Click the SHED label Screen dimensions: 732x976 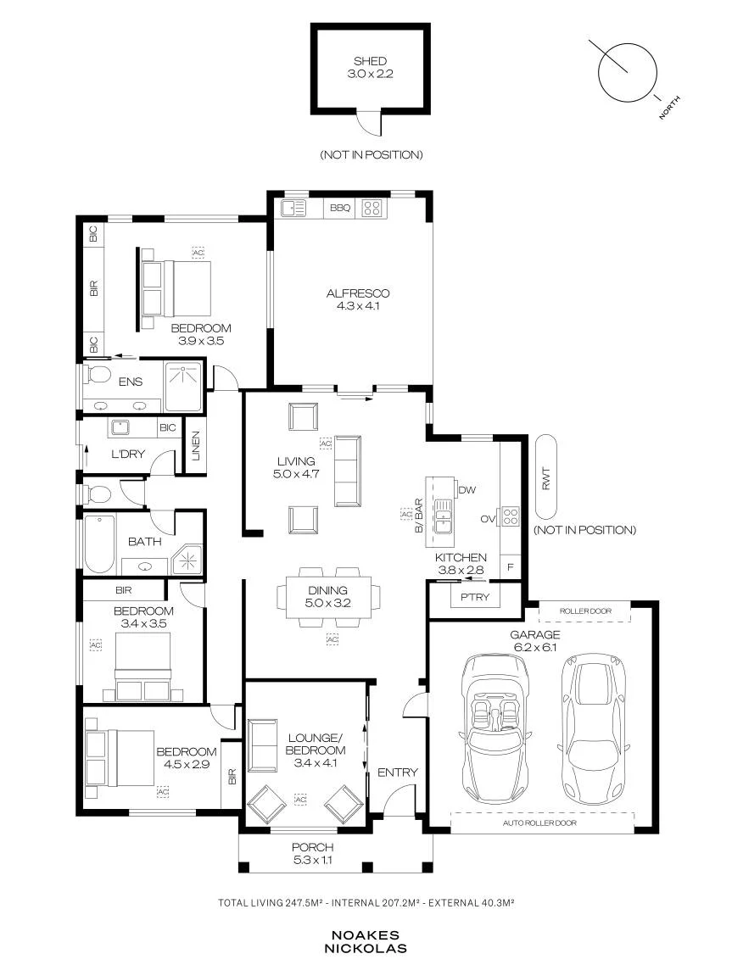pos(371,61)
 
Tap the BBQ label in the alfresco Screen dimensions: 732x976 pos(340,208)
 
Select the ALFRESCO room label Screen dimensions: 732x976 pos(358,293)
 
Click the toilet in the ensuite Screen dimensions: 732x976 pos(97,375)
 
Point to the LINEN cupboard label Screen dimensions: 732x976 pos(195,446)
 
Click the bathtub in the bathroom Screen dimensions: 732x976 pos(99,544)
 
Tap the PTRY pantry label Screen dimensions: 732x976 pos(475,597)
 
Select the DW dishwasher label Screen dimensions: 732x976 pos(467,490)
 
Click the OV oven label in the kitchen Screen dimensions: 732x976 pos(488,518)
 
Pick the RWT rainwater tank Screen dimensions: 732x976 pos(546,477)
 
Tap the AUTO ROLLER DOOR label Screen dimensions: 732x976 pos(539,823)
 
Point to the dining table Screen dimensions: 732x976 pos(328,597)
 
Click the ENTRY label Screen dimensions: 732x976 pos(398,772)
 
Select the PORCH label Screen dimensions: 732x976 pos(312,847)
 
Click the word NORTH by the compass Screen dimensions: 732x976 pos(670,107)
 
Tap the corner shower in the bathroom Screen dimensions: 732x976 pos(187,560)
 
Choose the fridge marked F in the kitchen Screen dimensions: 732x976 pos(511,567)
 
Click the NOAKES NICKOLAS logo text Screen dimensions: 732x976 pos(366,942)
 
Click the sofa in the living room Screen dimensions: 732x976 pos(348,471)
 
